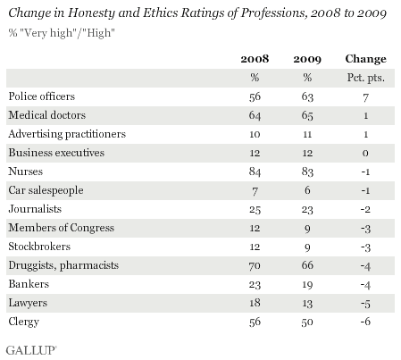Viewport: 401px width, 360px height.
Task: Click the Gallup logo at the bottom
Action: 31,350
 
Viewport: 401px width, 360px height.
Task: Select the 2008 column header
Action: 255,59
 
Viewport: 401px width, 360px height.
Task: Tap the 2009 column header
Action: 307,59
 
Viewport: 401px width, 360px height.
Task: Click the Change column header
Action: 365,59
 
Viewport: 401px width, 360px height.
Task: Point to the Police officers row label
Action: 42,96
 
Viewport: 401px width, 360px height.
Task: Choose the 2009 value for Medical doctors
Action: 307,115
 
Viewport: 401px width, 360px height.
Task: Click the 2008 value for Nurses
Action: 255,172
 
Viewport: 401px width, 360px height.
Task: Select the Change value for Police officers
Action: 366,97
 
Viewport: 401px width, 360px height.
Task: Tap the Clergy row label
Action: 24,322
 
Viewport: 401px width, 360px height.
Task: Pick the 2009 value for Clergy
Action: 307,322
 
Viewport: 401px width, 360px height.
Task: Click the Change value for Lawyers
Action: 365,304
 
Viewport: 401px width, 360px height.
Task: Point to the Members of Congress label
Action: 62,228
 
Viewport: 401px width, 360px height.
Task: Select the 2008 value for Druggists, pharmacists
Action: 255,265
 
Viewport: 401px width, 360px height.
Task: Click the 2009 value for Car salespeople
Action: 307,190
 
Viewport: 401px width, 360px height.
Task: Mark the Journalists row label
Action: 35,209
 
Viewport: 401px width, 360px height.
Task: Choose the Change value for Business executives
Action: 365,153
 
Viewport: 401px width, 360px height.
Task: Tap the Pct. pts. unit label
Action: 366,78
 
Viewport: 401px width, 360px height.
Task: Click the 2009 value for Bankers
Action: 307,284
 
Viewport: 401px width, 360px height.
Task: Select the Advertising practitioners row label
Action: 67,134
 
